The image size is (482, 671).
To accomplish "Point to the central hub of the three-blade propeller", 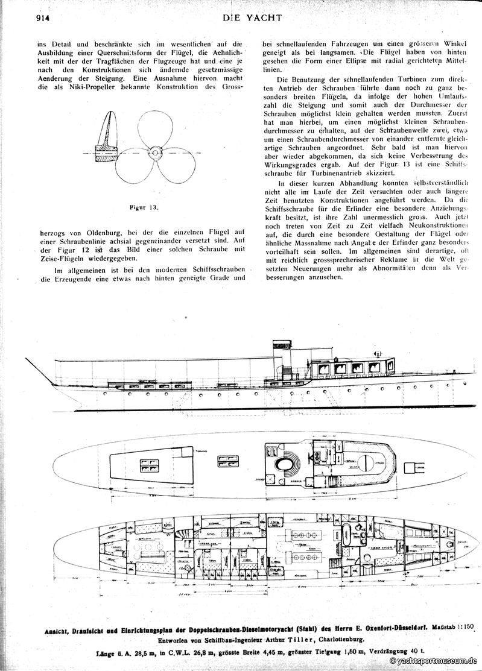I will tap(155, 154).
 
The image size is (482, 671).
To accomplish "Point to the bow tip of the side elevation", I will tap(27, 360).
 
